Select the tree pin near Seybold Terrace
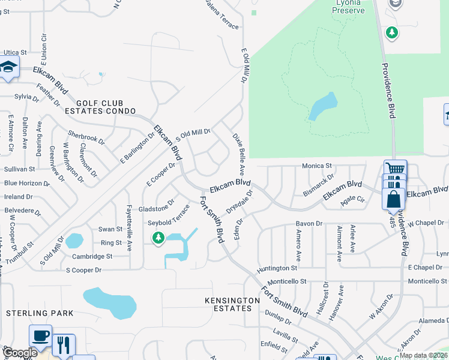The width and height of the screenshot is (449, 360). (x=158, y=238)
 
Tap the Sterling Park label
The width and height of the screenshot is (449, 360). (x=40, y=313)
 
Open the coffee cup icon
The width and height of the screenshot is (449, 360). (x=40, y=335)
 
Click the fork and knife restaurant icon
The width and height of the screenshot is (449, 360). (x=64, y=345)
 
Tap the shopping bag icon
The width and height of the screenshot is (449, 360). (x=393, y=198)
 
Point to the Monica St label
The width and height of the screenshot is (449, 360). (x=317, y=166)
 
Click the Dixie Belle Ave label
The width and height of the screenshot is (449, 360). (x=238, y=146)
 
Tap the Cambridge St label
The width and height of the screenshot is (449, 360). (x=92, y=256)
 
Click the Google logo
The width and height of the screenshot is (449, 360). (x=20, y=353)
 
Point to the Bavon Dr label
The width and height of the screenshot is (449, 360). (x=309, y=224)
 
